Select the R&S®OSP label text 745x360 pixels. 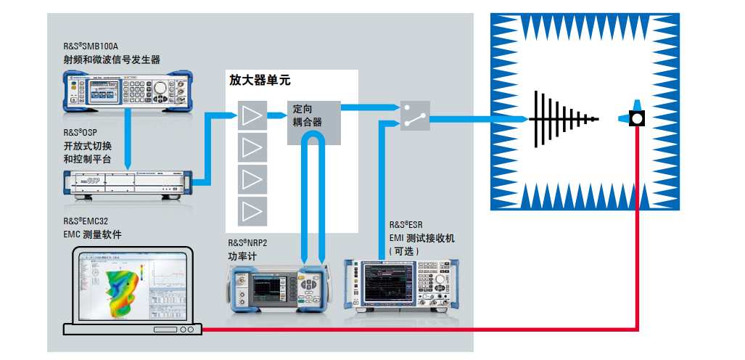(x=79, y=133)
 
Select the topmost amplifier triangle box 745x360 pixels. (x=252, y=115)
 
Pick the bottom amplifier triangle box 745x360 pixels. (x=252, y=211)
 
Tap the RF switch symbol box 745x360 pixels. (x=415, y=115)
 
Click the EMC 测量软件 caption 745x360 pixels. (x=92, y=234)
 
